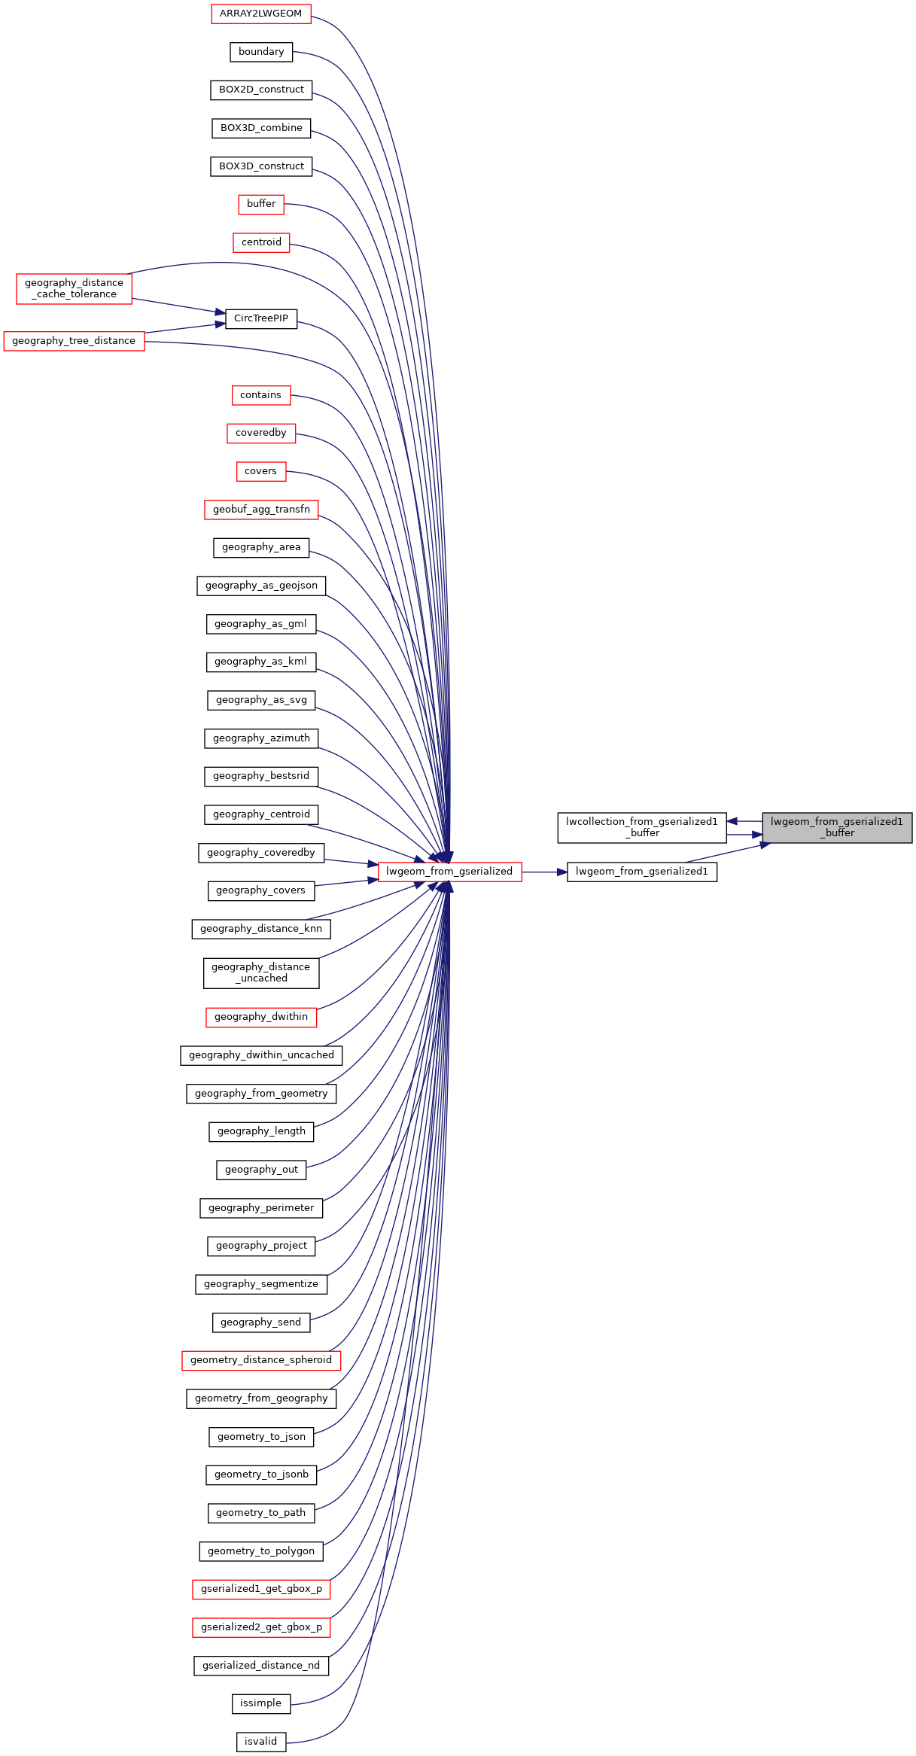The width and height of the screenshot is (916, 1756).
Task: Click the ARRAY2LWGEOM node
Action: click(261, 14)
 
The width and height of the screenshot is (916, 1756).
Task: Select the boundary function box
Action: click(261, 52)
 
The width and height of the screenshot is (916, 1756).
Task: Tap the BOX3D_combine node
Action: click(261, 128)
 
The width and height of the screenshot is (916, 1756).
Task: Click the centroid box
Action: click(261, 242)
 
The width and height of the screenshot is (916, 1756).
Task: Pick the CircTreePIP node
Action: click(261, 318)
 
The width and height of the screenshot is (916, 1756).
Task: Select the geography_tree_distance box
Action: click(74, 341)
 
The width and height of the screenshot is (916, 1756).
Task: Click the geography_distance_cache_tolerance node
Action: click(74, 288)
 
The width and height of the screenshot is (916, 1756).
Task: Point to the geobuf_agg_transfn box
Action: click(261, 510)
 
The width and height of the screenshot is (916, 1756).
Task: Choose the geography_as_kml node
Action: click(260, 662)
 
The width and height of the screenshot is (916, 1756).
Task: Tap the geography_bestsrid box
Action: click(261, 776)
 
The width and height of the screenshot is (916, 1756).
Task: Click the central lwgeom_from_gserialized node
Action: click(449, 872)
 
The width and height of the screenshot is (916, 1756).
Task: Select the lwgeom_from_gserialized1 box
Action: click(642, 872)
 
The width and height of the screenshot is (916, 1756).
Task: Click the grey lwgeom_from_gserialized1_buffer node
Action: click(837, 827)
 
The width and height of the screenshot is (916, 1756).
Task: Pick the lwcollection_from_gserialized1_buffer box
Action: click(642, 827)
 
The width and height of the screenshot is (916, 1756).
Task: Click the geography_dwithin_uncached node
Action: click(261, 1055)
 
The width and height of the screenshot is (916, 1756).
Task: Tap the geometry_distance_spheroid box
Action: click(261, 1360)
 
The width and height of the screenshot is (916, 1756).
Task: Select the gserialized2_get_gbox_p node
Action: click(261, 1627)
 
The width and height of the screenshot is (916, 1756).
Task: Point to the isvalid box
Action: click(261, 1742)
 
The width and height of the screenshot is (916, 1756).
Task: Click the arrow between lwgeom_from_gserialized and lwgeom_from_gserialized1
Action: click(544, 872)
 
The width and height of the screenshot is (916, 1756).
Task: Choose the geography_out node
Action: click(261, 1170)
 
